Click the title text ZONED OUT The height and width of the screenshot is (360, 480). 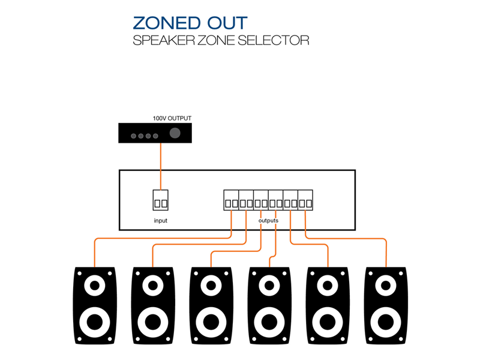(190, 23)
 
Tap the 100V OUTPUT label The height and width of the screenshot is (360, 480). (172, 118)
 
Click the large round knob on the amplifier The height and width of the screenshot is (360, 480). (175, 134)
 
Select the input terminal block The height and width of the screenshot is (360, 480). (161, 200)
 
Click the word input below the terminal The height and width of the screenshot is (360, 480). (161, 221)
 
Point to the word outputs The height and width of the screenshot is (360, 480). (268, 221)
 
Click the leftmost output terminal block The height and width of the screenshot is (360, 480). (232, 200)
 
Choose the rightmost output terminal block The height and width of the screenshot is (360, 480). (305, 200)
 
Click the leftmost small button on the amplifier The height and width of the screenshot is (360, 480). (134, 136)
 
